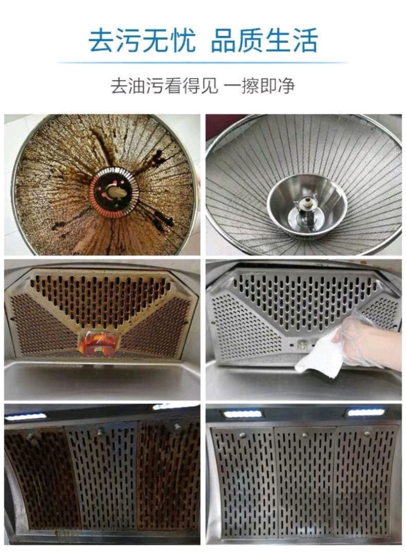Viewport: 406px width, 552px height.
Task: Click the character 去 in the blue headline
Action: (x=101, y=40)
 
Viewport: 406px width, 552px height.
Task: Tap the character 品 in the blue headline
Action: (x=224, y=40)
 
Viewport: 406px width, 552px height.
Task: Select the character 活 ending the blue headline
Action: (x=304, y=40)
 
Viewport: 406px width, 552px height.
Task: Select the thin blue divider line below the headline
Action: (x=203, y=63)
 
